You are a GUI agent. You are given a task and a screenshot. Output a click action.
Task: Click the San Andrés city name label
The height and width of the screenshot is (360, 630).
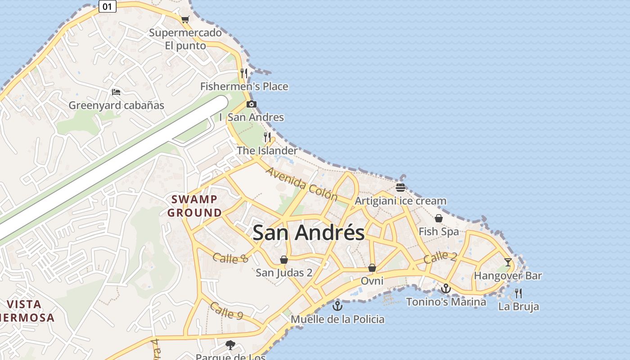pos(308,233)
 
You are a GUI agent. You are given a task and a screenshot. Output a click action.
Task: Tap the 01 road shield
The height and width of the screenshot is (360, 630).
pos(107,6)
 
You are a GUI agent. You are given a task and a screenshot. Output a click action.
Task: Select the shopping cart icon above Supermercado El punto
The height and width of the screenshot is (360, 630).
pos(185,19)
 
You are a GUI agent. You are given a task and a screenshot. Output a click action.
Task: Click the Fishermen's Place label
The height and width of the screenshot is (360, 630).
pos(244,86)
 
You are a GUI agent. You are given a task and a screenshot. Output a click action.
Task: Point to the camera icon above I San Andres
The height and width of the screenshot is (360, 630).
pos(251,104)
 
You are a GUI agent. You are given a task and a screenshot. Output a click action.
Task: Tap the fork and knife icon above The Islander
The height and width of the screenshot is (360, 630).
pos(267,137)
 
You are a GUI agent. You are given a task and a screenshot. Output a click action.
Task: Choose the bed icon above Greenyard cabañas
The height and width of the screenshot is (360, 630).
pos(116,92)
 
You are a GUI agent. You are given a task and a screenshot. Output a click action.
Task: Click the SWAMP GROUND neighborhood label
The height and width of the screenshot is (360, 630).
pos(194,206)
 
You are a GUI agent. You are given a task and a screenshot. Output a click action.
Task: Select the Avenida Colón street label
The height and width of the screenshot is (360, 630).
pos(301,184)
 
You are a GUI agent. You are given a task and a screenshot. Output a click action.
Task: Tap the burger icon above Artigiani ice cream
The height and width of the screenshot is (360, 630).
pos(400,187)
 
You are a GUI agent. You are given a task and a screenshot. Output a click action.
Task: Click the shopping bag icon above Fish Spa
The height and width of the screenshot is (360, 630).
pos(438,218)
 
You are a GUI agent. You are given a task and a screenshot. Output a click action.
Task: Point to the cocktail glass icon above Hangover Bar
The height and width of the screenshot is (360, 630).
pos(508,262)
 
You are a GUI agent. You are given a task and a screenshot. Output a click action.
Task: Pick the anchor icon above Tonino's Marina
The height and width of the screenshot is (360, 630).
pos(446,288)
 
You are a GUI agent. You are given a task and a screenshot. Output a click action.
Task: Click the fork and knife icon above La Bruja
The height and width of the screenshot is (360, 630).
pos(518,293)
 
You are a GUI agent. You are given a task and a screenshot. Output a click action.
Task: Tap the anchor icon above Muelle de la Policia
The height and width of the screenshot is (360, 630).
pos(337,306)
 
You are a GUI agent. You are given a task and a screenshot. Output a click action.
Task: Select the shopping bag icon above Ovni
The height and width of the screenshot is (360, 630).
pos(372,268)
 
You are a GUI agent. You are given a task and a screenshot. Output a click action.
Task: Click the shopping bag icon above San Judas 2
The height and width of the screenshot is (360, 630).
pos(284,259)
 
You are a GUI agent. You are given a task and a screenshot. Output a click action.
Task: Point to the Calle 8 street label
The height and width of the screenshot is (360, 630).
pos(230,258)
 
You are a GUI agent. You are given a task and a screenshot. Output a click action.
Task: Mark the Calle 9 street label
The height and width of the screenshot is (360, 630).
pos(226,311)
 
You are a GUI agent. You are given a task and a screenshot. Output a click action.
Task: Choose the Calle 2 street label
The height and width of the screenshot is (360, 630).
pos(440,257)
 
